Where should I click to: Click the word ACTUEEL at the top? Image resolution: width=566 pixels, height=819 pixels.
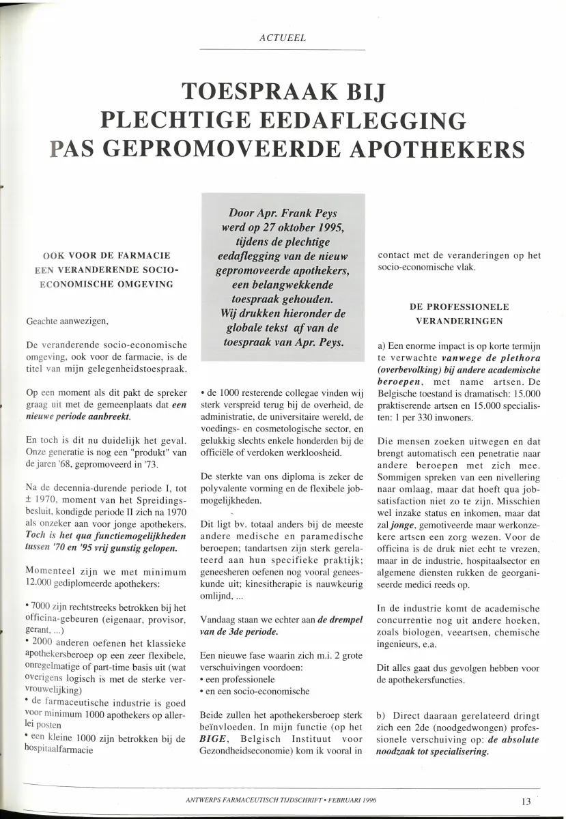(x=282, y=38)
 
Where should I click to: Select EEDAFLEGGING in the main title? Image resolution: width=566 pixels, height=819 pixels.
(x=352, y=120)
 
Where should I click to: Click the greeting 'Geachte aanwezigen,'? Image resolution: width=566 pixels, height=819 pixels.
(x=66, y=321)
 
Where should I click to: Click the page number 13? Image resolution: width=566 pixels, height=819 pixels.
(x=526, y=801)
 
